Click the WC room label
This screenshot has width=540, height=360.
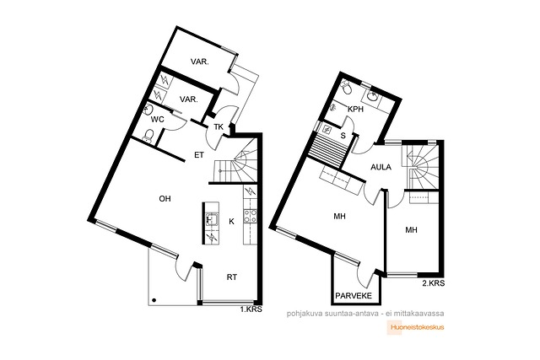[157, 120]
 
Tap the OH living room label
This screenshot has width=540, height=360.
[165, 199]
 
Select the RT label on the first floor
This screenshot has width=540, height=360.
[232, 277]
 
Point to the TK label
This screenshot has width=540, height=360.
[219, 126]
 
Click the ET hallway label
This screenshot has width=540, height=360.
[199, 155]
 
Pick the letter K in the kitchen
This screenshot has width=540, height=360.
[231, 221]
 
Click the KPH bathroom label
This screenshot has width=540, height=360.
[356, 110]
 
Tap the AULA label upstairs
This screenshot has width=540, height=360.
[381, 167]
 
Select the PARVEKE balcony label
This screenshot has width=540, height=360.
[354, 296]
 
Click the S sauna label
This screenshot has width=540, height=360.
[343, 136]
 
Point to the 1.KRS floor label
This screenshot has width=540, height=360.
[251, 309]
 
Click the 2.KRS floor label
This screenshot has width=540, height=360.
[434, 283]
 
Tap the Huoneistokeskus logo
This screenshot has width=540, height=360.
[416, 328]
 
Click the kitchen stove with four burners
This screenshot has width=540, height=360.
[250, 216]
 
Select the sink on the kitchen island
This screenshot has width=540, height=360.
[211, 219]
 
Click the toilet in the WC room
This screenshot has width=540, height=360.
[148, 135]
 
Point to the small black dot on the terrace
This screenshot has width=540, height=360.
[154, 300]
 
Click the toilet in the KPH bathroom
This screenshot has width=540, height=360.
[346, 88]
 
